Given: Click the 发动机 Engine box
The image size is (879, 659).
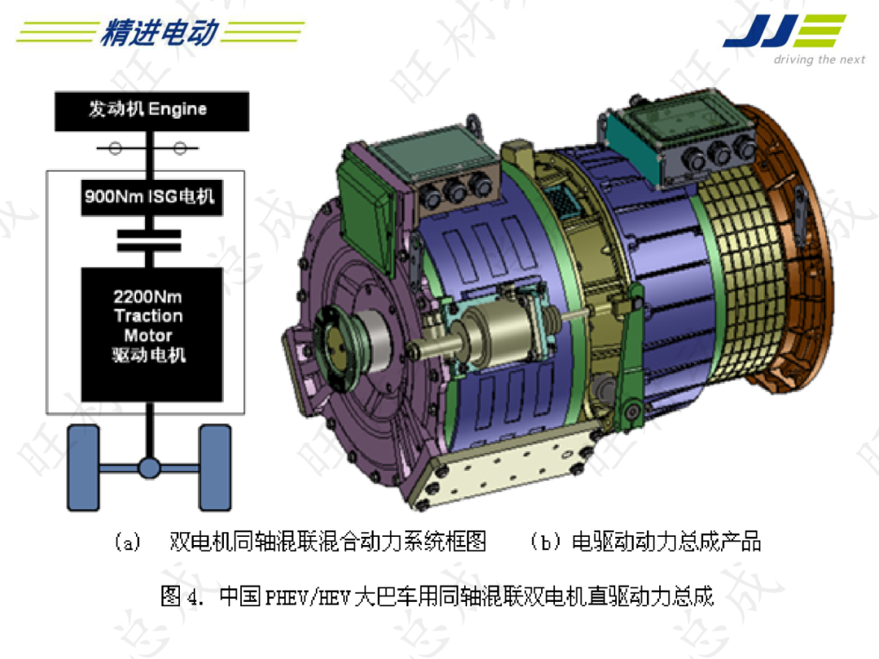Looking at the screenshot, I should (x=148, y=111).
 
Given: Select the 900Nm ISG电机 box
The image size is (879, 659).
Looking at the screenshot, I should (x=151, y=197).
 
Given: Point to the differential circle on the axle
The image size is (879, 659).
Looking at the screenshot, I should (x=149, y=467).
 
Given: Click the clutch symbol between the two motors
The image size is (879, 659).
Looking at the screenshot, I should (x=149, y=240).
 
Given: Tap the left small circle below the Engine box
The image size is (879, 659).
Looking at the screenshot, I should (x=116, y=149).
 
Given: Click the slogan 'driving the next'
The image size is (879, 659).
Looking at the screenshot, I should (x=819, y=60).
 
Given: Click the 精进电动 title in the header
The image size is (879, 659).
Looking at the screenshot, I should (x=159, y=33).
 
